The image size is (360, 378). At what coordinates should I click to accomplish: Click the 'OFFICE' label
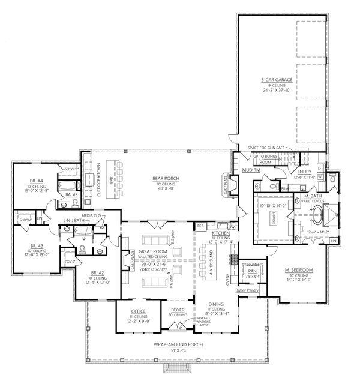139,311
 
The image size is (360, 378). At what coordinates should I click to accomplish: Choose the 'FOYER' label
178,311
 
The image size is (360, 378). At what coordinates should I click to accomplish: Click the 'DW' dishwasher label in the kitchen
230,227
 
